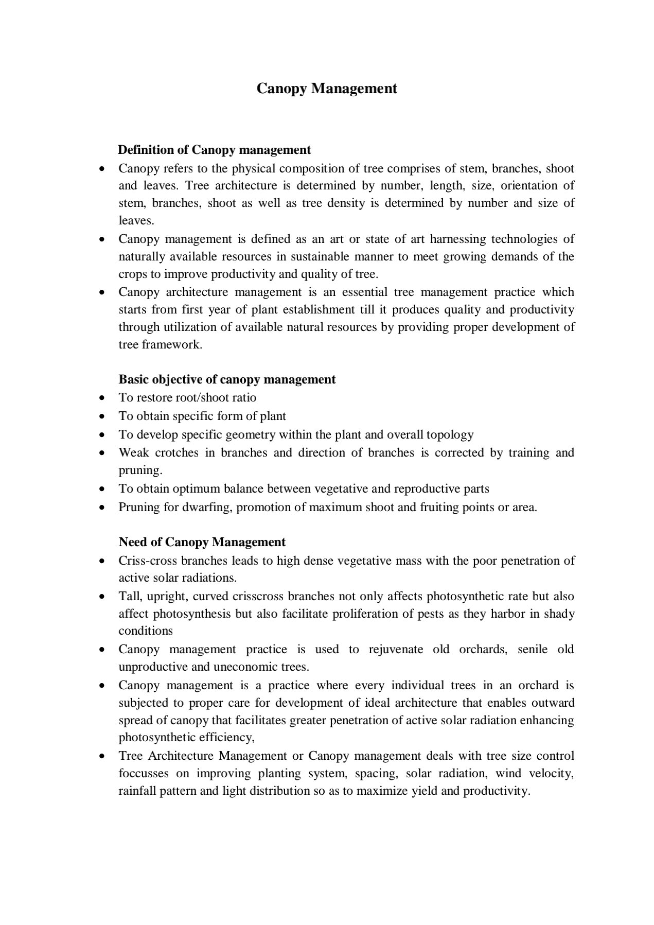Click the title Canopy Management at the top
click(327, 89)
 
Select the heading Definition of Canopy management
click(215, 150)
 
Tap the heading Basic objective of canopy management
click(227, 379)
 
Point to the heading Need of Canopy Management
click(202, 542)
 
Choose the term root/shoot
click(199, 397)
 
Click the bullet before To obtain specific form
click(103, 416)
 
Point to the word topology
click(449, 434)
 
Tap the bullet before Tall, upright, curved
click(103, 597)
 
